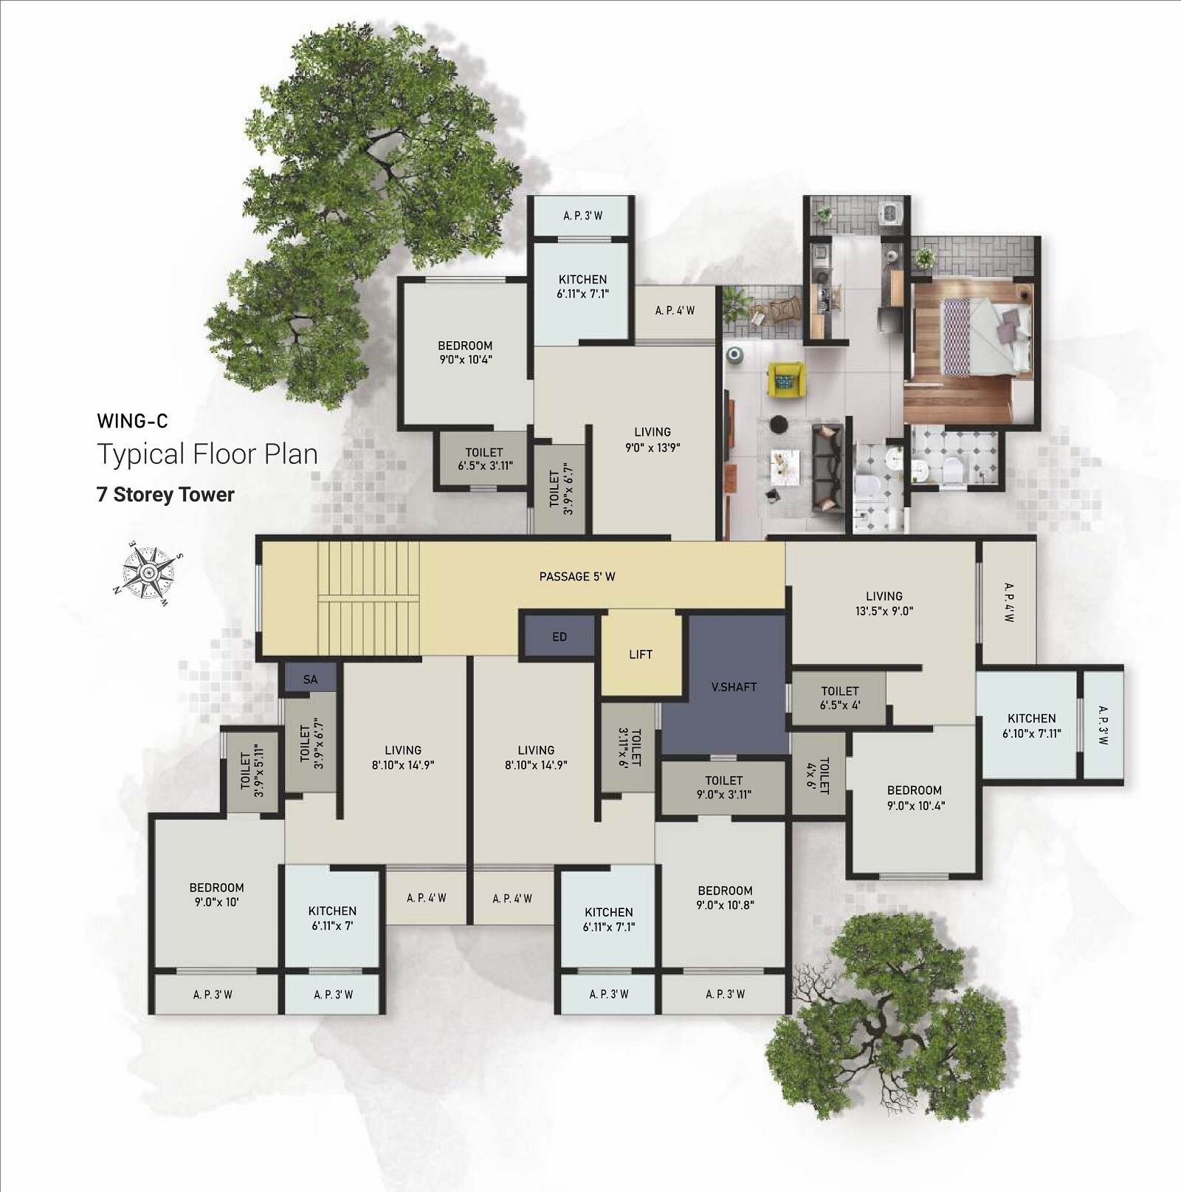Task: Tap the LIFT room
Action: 640,654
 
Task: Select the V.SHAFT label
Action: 734,687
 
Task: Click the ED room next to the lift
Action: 559,637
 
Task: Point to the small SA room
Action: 310,679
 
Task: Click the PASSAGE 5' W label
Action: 576,576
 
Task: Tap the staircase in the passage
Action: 368,598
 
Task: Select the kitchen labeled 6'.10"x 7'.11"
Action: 1030,725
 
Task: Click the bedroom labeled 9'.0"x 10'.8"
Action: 724,897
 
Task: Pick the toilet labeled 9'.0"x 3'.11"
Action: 723,787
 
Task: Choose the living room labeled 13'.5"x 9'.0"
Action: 884,603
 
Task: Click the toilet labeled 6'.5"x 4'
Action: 839,698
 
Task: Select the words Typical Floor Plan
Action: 207,454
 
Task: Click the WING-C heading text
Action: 132,421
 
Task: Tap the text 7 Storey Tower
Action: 165,494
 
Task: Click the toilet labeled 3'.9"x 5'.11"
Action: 251,771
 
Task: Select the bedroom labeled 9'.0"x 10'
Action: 216,894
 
